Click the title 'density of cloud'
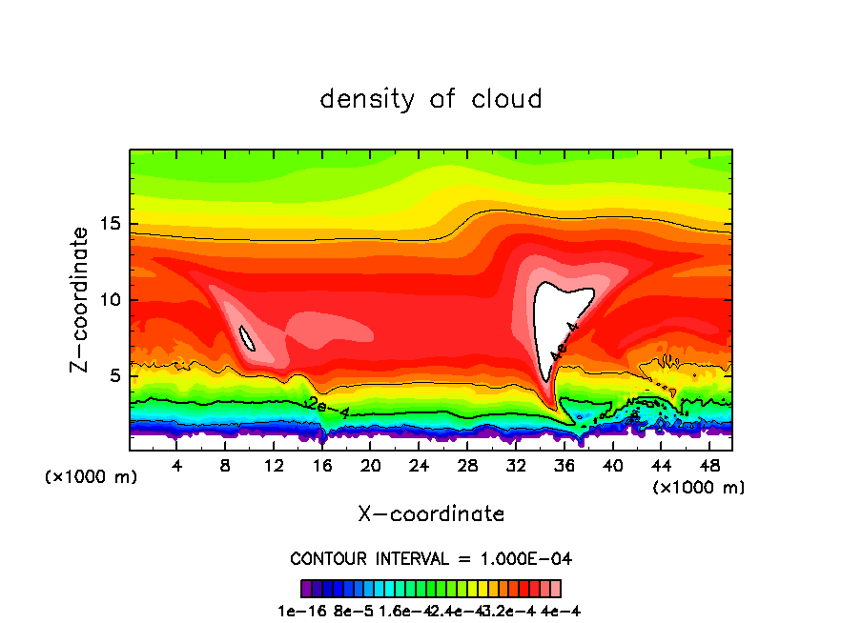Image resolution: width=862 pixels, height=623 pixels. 431,99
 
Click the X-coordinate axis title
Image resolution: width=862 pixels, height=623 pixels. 431,514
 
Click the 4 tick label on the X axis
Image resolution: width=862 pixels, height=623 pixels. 177,466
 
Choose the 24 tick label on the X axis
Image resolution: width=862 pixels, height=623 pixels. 419,466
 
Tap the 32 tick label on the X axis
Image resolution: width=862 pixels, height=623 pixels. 516,466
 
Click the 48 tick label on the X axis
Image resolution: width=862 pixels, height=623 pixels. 709,466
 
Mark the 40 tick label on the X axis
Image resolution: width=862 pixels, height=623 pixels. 612,466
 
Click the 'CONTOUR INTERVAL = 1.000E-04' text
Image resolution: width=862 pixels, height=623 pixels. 431,558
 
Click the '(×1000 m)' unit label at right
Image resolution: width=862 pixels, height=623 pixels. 699,488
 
